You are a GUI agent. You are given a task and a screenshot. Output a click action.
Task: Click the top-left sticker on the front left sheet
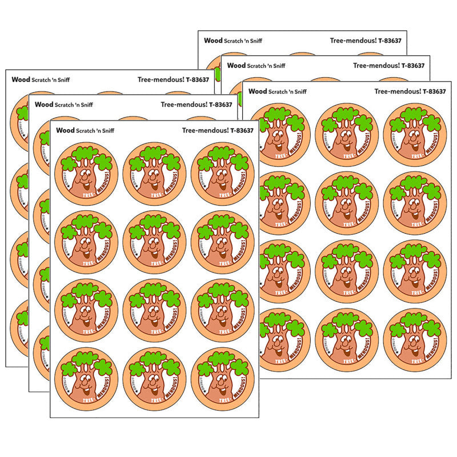pyautogui.click(x=86, y=174)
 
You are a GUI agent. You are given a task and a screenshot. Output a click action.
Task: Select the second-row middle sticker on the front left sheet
pyautogui.click(x=154, y=242)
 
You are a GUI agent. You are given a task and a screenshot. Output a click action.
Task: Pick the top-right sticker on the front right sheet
pyautogui.click(x=415, y=135)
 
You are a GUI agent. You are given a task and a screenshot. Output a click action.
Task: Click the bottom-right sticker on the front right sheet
pyautogui.click(x=415, y=340)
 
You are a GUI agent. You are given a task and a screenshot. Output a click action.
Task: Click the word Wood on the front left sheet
pyautogui.click(x=65, y=130)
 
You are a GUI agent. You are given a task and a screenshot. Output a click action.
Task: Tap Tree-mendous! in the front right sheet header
pyautogui.click(x=394, y=91)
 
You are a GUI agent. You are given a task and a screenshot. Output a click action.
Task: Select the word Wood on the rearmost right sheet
pyautogui.click(x=213, y=41)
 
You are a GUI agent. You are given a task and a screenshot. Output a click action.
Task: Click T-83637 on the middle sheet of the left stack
pyautogui.click(x=221, y=105)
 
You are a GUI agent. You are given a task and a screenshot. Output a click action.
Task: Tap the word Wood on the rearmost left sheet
pyautogui.click(x=21, y=79)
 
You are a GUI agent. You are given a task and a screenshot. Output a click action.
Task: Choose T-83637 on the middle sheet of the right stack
pyautogui.click(x=413, y=65)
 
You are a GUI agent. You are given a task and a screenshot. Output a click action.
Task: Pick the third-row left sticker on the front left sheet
pyautogui.click(x=86, y=311)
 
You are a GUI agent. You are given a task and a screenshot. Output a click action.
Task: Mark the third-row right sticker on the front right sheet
pyautogui.click(x=415, y=271)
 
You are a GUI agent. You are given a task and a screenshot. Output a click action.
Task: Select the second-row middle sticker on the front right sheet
pyautogui.click(x=346, y=203)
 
